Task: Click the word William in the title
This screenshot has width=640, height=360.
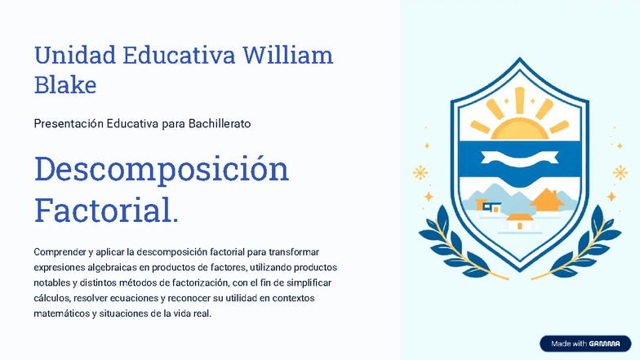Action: (x=289, y=56)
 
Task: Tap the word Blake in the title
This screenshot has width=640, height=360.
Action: (x=65, y=84)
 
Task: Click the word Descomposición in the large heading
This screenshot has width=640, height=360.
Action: (x=162, y=169)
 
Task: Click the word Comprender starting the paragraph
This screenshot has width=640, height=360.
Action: (x=60, y=251)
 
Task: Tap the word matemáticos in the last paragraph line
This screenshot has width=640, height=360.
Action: (x=62, y=313)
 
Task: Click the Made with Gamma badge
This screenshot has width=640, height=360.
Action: (x=585, y=344)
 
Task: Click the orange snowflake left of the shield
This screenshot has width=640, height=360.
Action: (x=420, y=172)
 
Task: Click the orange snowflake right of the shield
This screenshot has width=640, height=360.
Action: (x=620, y=172)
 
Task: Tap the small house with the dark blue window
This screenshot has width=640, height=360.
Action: (x=491, y=207)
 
